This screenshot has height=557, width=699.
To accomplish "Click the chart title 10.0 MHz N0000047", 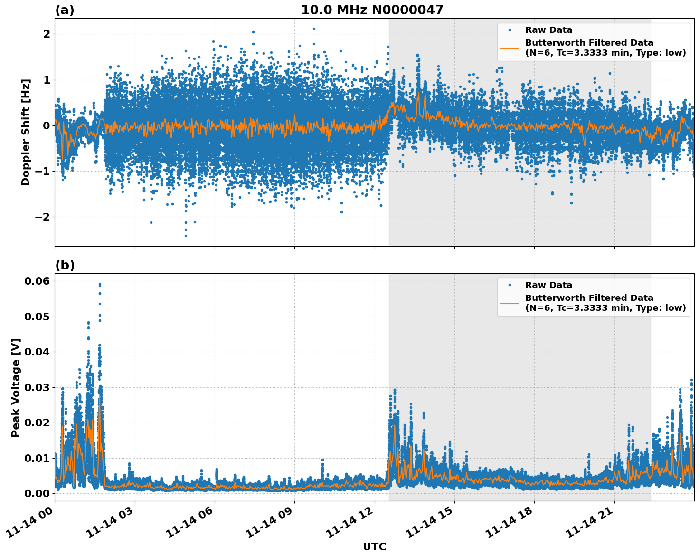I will tap(372, 10).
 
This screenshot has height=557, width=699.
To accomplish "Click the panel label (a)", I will tap(65, 10).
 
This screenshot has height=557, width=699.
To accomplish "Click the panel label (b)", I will tap(65, 265).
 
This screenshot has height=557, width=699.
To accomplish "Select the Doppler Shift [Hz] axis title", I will tap(26, 132).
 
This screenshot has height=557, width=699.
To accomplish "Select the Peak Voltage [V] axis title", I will tap(16, 387).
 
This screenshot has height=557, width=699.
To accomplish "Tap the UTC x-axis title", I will tap(374, 547).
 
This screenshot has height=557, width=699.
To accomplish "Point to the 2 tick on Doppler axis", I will tap(47, 34).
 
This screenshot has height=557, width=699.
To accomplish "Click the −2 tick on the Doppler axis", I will tap(43, 217).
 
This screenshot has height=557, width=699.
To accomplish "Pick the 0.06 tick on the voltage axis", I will tap(37, 281).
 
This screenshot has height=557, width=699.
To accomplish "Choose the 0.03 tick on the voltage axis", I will tap(37, 387).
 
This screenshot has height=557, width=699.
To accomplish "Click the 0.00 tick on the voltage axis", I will tap(37, 493).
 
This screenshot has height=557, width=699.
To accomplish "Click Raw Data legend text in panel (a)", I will tap(548, 30).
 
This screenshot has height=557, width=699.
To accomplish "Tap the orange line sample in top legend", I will tap(510, 48).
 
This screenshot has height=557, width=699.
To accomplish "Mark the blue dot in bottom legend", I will tap(510, 285).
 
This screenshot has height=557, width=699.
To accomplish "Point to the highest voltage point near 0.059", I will tap(100, 284).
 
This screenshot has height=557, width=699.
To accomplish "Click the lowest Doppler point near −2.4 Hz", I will tap(186, 236).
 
